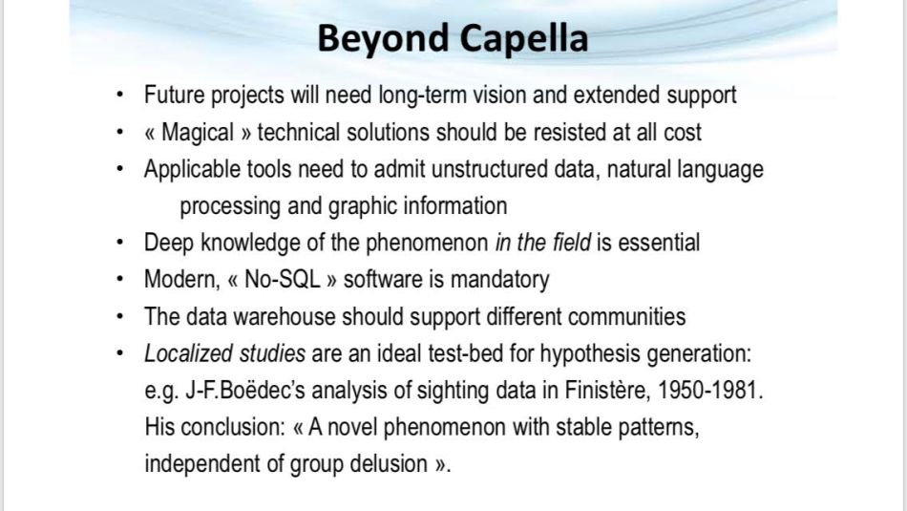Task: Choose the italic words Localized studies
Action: pos(224,353)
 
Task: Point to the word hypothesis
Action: pos(589,353)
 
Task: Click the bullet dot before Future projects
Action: pos(118,96)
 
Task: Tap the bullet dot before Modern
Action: pos(118,280)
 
